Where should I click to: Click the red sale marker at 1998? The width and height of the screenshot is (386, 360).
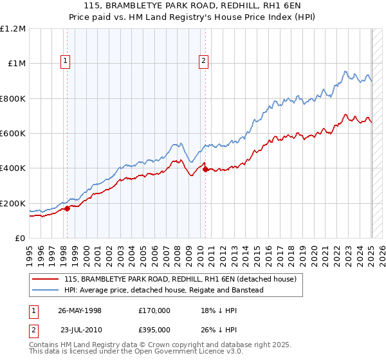coord(68,208)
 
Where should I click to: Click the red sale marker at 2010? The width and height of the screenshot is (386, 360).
coord(205,169)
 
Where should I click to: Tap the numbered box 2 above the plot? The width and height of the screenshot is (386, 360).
coord(203,61)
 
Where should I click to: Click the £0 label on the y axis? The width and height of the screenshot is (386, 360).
coord(19,239)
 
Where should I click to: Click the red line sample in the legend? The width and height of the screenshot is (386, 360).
coord(46,279)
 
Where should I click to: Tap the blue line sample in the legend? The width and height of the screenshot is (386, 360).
coord(46,290)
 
